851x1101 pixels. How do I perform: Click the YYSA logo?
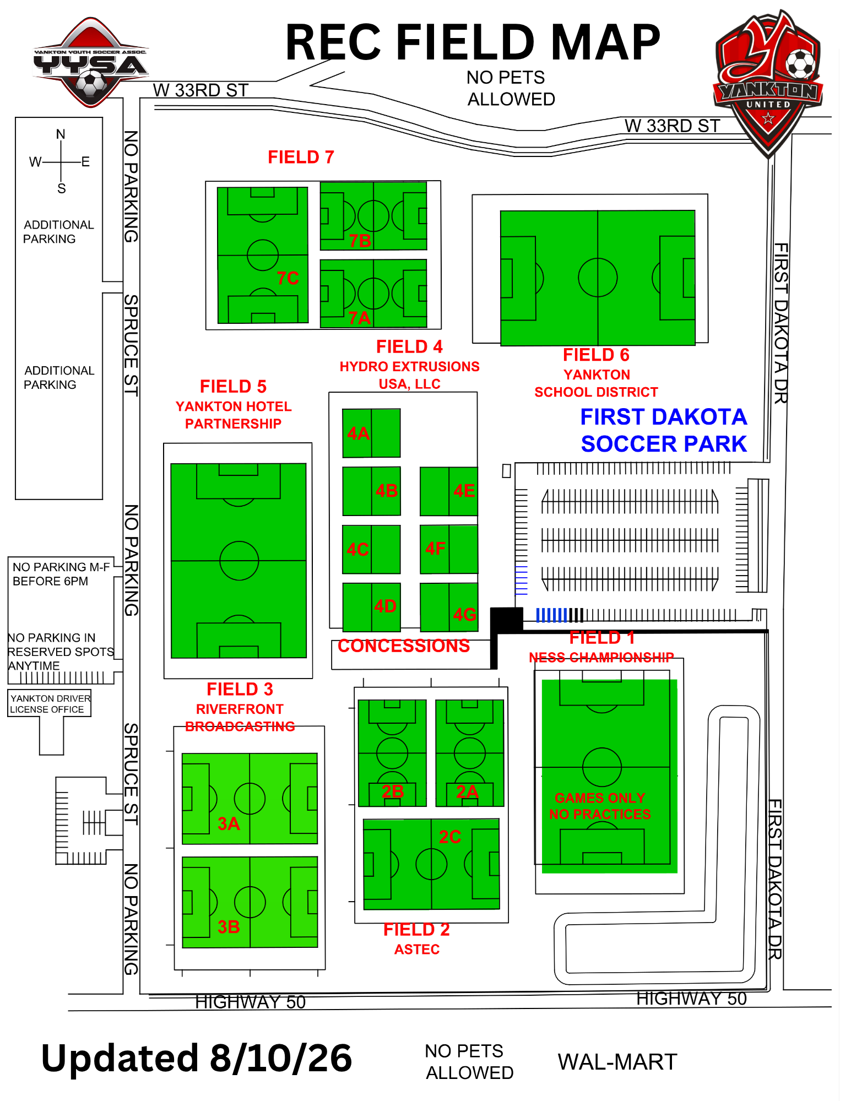pyautogui.click(x=91, y=62)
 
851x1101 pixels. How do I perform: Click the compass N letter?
pyautogui.click(x=61, y=134)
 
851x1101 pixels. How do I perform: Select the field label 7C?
pyautogui.click(x=288, y=278)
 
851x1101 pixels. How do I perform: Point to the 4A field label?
pyautogui.click(x=358, y=433)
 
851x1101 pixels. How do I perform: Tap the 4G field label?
pyautogui.click(x=464, y=614)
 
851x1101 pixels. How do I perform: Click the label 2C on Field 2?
pyautogui.click(x=450, y=837)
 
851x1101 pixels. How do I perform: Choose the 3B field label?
pyautogui.click(x=229, y=927)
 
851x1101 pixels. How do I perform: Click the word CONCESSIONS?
pyautogui.click(x=404, y=646)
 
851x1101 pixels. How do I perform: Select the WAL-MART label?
pyautogui.click(x=617, y=1062)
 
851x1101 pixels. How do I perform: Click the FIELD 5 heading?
pyautogui.click(x=233, y=387)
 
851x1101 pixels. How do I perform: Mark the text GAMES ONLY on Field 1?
pyautogui.click(x=600, y=798)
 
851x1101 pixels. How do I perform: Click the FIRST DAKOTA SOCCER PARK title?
pyautogui.click(x=664, y=430)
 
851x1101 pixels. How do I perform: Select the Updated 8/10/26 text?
pyautogui.click(x=197, y=1058)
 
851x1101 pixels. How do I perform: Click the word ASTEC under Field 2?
pyautogui.click(x=417, y=950)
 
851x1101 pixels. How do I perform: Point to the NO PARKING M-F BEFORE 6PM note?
pyautogui.click(x=61, y=574)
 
